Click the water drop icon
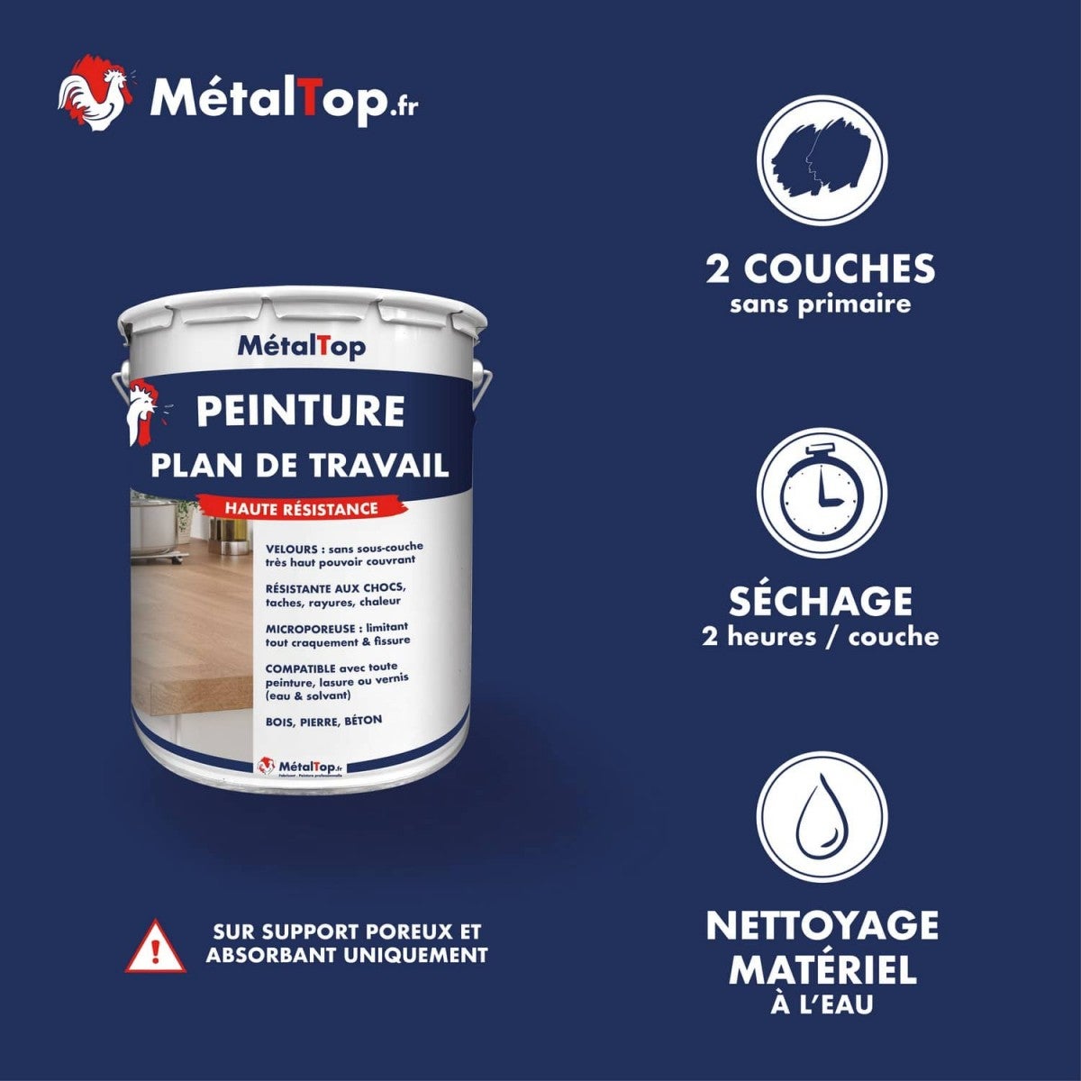(822, 816)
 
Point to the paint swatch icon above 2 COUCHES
(822, 161)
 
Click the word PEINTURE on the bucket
(300, 411)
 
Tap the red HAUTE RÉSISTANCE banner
(300, 509)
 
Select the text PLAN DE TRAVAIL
(300, 465)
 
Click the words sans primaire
(821, 304)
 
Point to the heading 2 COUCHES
(821, 268)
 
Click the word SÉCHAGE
(821, 601)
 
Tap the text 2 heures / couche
(821, 637)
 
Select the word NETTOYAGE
(822, 926)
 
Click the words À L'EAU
(822, 1004)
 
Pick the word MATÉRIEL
(822, 970)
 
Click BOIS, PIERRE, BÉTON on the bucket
(324, 721)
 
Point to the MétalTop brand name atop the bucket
(301, 345)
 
